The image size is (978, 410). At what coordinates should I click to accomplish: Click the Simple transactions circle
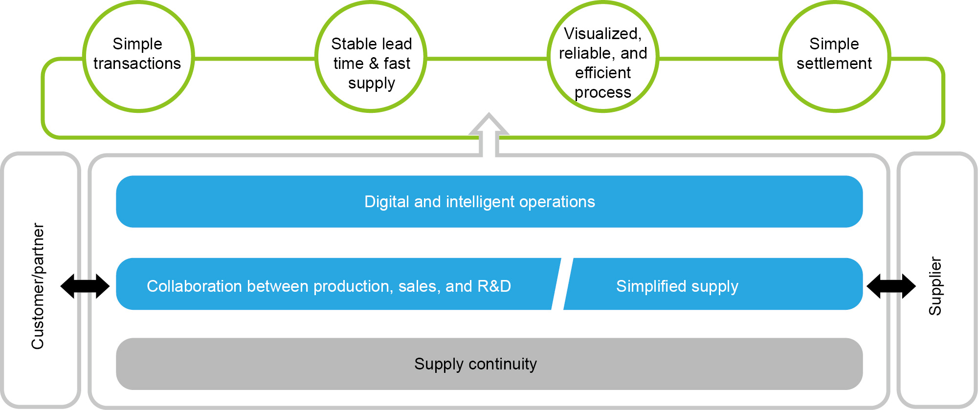[138, 56]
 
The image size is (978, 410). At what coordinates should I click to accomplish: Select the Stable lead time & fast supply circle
[371, 56]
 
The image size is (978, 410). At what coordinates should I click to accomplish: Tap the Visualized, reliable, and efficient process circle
[602, 56]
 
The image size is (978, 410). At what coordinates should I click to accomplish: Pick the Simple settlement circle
[834, 56]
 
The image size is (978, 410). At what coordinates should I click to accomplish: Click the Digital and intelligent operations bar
[489, 201]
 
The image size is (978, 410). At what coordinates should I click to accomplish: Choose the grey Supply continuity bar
[489, 364]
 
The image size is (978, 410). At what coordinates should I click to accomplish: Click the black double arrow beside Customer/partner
[85, 286]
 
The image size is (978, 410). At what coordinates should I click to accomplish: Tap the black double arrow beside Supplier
[891, 286]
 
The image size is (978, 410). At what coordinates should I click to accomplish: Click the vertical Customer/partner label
[38, 286]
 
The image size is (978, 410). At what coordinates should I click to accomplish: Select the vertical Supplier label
[935, 286]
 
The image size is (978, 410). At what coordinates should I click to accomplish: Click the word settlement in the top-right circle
[834, 64]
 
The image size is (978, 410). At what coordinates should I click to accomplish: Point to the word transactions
[137, 64]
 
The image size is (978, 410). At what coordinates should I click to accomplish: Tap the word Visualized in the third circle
[602, 34]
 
